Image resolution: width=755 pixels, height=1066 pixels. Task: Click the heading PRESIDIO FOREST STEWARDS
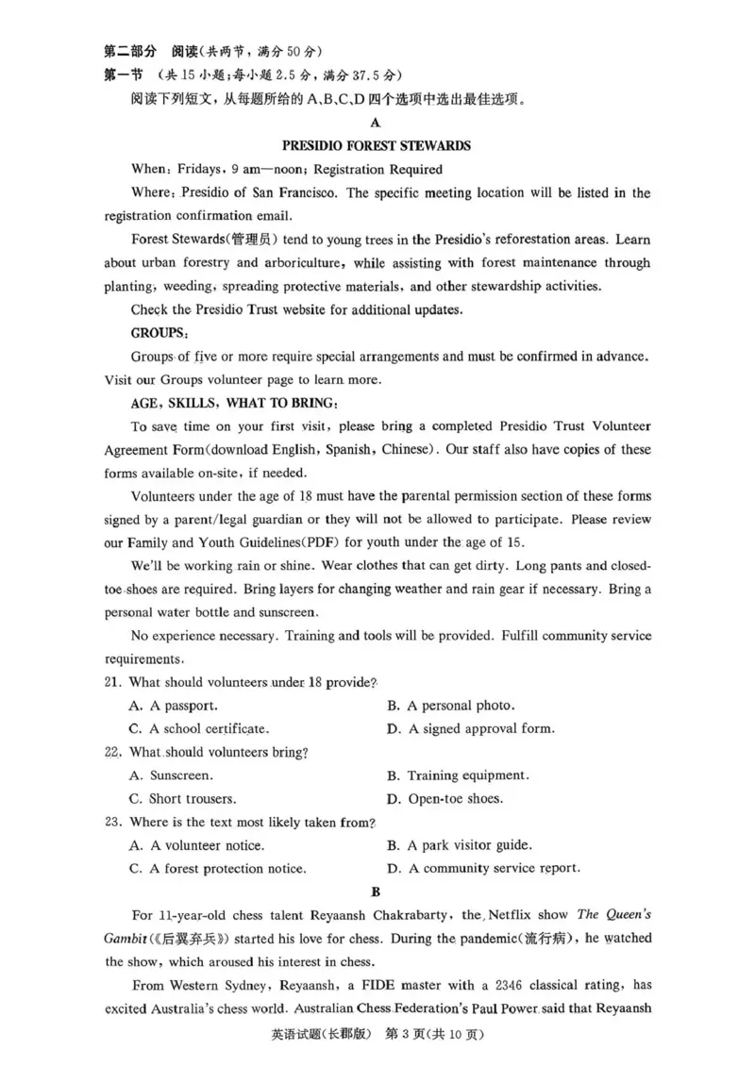pyautogui.click(x=377, y=146)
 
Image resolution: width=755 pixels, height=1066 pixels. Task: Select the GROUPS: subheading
pyautogui.click(x=159, y=333)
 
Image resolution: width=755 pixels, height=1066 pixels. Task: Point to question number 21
pyautogui.click(x=113, y=682)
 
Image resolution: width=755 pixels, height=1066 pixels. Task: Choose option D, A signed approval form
pyautogui.click(x=471, y=728)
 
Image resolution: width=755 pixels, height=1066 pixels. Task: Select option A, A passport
pyautogui.click(x=174, y=705)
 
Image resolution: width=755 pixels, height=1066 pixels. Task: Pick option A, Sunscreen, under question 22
pyautogui.click(x=171, y=775)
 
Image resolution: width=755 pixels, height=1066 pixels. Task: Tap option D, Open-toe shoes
pyautogui.click(x=445, y=798)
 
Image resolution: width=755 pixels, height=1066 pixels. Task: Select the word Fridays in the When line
pyautogui.click(x=198, y=170)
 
